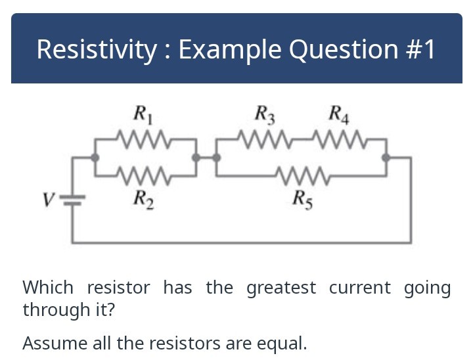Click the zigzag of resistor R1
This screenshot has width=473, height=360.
[x=145, y=139]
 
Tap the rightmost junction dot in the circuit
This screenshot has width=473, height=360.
[x=386, y=158]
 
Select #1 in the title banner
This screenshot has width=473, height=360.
[x=417, y=49]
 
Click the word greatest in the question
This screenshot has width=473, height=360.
[x=281, y=288]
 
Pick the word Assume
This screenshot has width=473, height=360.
[x=50, y=343]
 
